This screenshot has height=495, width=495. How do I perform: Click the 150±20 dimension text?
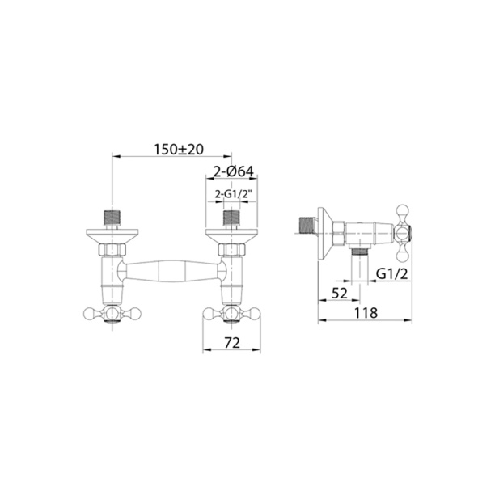179,150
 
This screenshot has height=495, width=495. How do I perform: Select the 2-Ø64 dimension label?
233,171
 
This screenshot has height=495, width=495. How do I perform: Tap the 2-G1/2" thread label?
231,194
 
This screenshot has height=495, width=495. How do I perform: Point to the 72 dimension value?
232,343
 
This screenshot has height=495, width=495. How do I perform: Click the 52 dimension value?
340,294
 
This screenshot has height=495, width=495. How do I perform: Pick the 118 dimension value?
366,313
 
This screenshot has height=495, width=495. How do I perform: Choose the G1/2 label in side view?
392,274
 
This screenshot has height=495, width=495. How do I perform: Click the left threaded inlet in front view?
112,218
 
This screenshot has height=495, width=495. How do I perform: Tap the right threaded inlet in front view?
232,218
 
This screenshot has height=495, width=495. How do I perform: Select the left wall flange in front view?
112,236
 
